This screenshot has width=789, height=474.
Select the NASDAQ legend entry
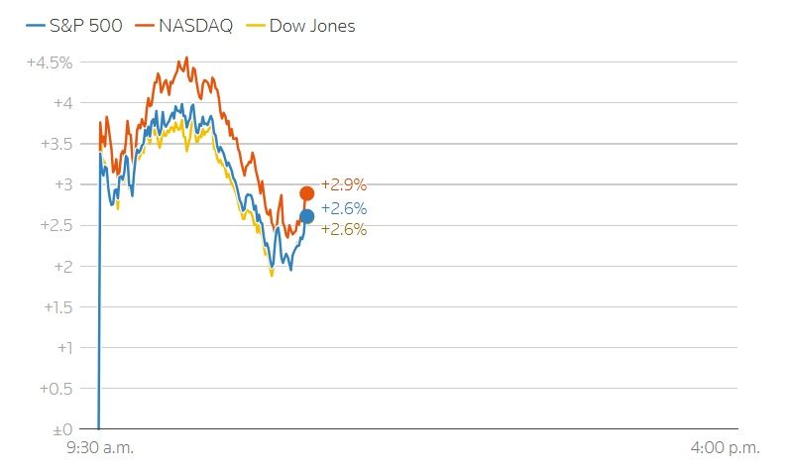pyautogui.click(x=186, y=26)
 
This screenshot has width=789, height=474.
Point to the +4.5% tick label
pyautogui.click(x=51, y=62)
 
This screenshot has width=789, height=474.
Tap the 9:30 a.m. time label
pyautogui.click(x=99, y=448)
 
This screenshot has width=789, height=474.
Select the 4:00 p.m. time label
pyautogui.click(x=726, y=448)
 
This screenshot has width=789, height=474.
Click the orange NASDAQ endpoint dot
pyautogui.click(x=307, y=193)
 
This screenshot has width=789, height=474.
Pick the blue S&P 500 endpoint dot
pyautogui.click(x=307, y=216)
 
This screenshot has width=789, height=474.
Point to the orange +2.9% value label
pyautogui.click(x=344, y=185)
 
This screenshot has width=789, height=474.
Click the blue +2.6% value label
pyautogui.click(x=344, y=208)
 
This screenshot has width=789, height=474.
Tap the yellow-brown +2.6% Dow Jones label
pyautogui.click(x=344, y=229)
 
